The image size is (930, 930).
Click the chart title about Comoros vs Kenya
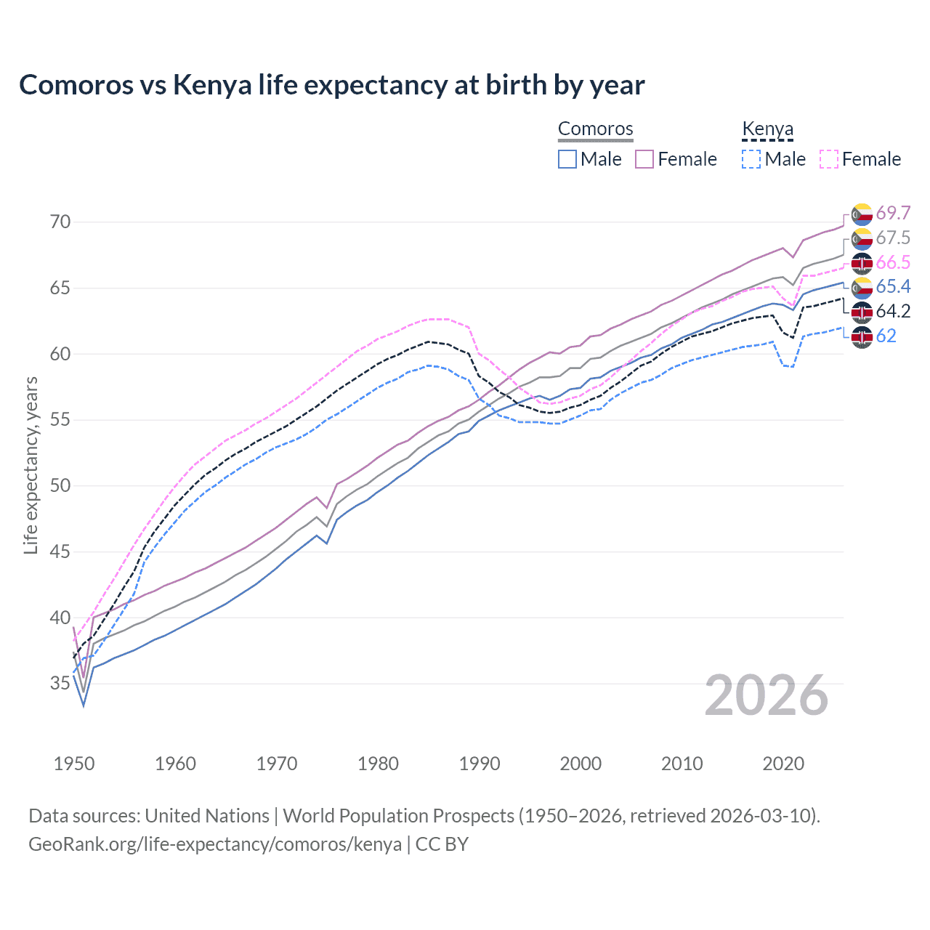tap(331, 85)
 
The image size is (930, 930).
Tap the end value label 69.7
tap(892, 213)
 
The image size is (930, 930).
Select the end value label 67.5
tap(892, 238)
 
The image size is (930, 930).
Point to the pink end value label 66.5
tap(892, 262)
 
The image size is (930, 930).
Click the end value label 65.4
tap(892, 286)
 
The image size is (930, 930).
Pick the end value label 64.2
tap(892, 311)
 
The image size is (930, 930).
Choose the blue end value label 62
tap(886, 336)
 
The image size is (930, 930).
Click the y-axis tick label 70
tap(60, 222)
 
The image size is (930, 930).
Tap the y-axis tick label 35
tap(60, 684)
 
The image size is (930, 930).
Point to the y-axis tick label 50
tap(60, 485)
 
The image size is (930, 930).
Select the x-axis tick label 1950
tap(74, 764)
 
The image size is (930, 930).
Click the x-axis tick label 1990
tap(480, 764)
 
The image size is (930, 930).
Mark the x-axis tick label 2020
tap(783, 764)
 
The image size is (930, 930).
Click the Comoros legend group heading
tap(596, 129)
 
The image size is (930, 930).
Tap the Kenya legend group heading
tap(767, 129)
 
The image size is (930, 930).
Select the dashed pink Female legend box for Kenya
tap(829, 159)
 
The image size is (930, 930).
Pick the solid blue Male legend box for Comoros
tap(567, 159)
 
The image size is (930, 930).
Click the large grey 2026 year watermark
tap(766, 696)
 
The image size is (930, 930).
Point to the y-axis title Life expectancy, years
tap(31, 465)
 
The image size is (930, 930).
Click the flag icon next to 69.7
tap(862, 214)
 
